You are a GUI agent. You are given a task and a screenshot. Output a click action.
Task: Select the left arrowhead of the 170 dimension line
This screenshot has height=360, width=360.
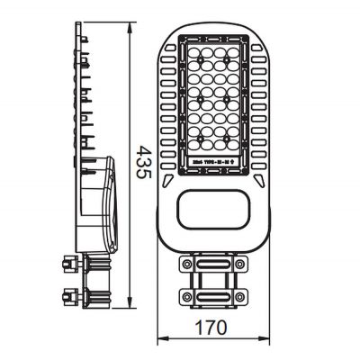[161, 341]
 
